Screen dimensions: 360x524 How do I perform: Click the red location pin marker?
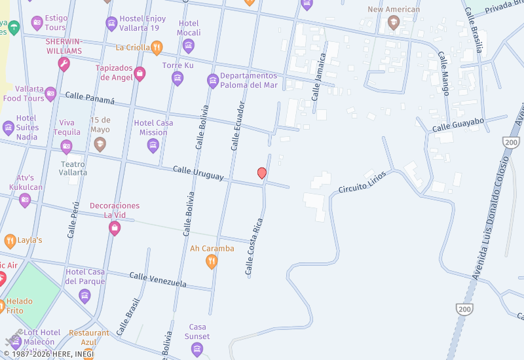pos(262,173)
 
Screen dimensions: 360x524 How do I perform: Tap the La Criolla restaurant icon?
pos(157,47)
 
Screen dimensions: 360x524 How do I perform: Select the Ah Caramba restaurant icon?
pos(212,262)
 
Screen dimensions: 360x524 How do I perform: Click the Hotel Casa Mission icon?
pos(153,145)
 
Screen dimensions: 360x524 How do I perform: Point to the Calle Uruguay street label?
pos(198,173)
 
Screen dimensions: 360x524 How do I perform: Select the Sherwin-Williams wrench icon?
pos(64,64)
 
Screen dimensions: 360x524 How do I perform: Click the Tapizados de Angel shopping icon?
pos(140,74)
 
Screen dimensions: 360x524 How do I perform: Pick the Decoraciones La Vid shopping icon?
pos(115,228)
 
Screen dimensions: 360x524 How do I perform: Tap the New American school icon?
pos(394,23)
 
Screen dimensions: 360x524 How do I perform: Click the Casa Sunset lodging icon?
pos(197,350)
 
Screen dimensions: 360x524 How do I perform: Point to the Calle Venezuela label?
pos(158,279)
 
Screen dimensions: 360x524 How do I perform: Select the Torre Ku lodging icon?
pos(178,79)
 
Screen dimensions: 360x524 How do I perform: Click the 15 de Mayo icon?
pos(100,144)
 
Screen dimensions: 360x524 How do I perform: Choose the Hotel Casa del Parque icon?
pos(84,296)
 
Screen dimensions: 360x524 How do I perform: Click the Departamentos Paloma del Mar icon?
pos(213,81)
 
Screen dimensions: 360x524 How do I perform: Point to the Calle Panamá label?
pos(90,98)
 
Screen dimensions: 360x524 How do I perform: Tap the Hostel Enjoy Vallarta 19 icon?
pos(112,24)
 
